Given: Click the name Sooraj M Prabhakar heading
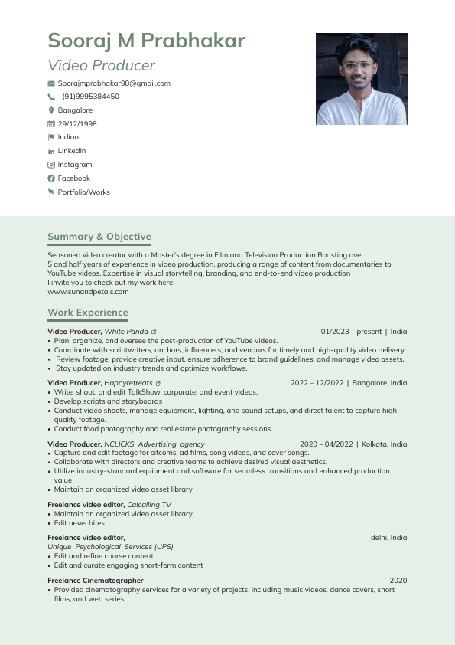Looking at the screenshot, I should click(146, 41).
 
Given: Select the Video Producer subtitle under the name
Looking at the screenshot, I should click(101, 66).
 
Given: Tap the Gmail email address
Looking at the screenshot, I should click(114, 83).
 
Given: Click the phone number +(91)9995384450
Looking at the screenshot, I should click(88, 97).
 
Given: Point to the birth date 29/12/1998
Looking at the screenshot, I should click(77, 124).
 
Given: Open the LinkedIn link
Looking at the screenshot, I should click(72, 151).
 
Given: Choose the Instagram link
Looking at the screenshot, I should click(75, 165).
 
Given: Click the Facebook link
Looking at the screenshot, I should click(73, 178).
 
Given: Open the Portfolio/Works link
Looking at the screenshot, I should click(83, 192).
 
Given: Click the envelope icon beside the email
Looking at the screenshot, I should click(51, 83).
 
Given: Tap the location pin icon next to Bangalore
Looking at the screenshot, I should click(51, 110).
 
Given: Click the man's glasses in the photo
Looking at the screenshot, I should click(357, 66).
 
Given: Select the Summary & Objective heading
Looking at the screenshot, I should click(99, 237).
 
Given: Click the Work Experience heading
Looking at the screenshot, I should click(88, 313).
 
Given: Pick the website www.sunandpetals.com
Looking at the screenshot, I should click(88, 292).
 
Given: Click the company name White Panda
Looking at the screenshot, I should click(126, 332).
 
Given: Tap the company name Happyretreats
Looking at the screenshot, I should click(128, 383).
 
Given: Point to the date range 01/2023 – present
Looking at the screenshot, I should click(351, 332).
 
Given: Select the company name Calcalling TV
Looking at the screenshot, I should click(149, 505).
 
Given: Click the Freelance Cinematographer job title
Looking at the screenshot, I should click(95, 581).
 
